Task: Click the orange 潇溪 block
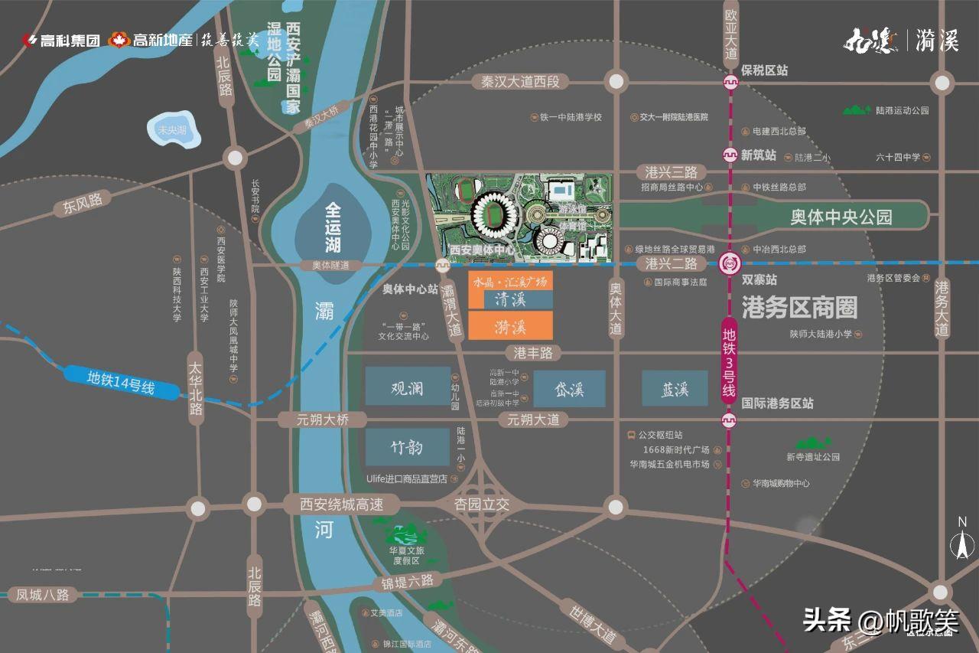(510, 326)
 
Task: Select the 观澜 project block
(408, 387)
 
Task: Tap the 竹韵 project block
(408, 447)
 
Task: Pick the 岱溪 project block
(569, 389)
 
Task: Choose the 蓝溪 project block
(675, 389)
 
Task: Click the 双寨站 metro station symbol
(730, 264)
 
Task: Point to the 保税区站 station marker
(730, 82)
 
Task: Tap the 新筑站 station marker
(730, 155)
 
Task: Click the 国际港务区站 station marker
(730, 420)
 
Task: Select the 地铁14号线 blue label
(121, 383)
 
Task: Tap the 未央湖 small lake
(172, 130)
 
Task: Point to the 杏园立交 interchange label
(482, 505)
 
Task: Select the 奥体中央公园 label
(841, 217)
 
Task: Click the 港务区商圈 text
(799, 307)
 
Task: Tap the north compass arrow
(962, 540)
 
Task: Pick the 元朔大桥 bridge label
(324, 420)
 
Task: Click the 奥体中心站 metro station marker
(443, 265)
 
